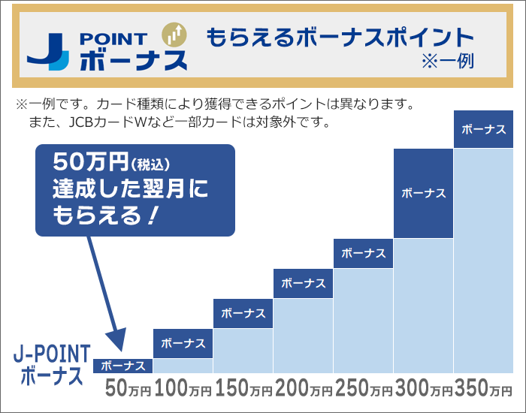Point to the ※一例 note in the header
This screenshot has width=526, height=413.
pyautogui.click(x=450, y=60)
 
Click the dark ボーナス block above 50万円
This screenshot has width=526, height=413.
pyautogui.click(x=123, y=366)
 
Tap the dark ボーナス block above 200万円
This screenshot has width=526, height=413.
pyautogui.click(x=304, y=283)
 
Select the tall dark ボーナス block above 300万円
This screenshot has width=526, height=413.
pyautogui.click(x=424, y=193)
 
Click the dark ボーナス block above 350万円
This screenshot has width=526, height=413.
pyautogui.click(x=484, y=129)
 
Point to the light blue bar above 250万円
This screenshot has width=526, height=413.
pyautogui.click(x=364, y=321)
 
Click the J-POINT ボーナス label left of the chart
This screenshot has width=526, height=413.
pyautogui.click(x=53, y=364)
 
